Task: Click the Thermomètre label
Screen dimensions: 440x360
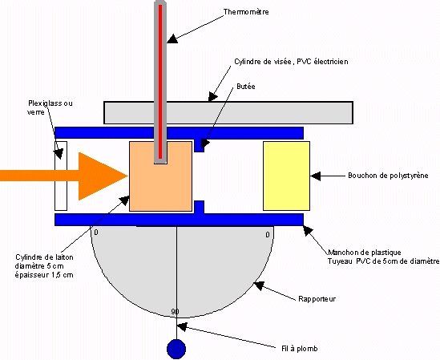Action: point(246,12)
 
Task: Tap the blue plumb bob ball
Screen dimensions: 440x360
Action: point(176,349)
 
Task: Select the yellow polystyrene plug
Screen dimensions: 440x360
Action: point(286,176)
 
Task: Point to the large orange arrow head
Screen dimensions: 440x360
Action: point(103,176)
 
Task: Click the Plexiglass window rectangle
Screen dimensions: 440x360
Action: point(61,176)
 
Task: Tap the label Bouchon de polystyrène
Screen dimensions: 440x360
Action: point(388,176)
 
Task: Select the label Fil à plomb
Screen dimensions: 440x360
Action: point(300,349)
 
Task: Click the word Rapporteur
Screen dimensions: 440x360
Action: point(317,299)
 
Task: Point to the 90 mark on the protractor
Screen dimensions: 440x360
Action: point(175,312)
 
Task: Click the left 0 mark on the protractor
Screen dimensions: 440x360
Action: point(96,233)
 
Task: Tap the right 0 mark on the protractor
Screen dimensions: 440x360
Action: point(268,234)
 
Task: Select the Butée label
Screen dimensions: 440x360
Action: point(246,87)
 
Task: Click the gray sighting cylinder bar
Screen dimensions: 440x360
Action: point(228,112)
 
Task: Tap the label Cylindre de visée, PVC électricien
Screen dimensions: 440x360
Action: point(291,62)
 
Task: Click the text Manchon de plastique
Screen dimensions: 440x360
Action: point(364,253)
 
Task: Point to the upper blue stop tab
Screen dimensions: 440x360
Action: point(199,145)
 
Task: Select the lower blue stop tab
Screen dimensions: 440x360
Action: point(199,207)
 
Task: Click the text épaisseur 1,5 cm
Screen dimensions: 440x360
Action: point(44,275)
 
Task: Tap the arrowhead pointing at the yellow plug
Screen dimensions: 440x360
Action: point(316,176)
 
